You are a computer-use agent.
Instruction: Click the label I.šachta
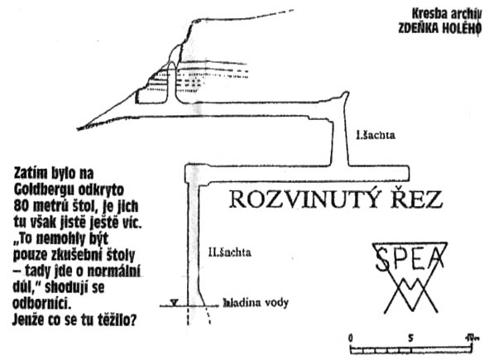[x=376, y=135]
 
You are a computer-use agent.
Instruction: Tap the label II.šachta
[x=229, y=252]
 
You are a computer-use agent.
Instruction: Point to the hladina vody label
[x=256, y=303]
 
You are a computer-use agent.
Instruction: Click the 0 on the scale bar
[x=351, y=338]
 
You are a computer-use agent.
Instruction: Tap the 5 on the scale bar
[x=410, y=338]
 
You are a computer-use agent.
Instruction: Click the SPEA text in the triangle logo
[x=410, y=258]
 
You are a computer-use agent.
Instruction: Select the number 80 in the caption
[x=21, y=206]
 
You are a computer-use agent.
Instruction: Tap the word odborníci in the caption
[x=41, y=303]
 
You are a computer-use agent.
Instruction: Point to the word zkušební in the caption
[x=75, y=255]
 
